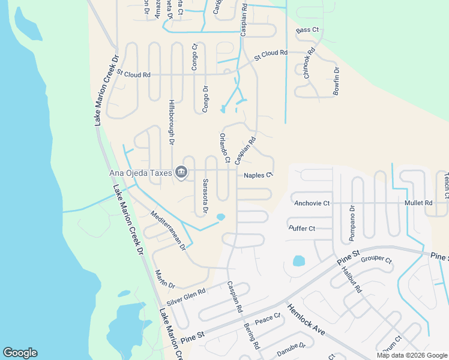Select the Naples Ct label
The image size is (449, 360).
pyautogui.click(x=259, y=175)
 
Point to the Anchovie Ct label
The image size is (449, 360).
pyautogui.click(x=312, y=203)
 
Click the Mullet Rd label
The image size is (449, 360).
pyautogui.click(x=420, y=203)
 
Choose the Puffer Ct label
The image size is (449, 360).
pyautogui.click(x=302, y=229)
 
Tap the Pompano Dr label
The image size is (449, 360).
pyautogui.click(x=352, y=224)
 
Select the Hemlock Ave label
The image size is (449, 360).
pyautogui.click(x=306, y=317)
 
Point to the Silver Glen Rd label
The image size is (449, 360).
pyautogui.click(x=186, y=296)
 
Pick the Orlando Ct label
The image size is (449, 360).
pyautogui.click(x=224, y=148)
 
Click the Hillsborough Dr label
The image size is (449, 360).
pyautogui.click(x=171, y=122)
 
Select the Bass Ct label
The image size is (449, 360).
pyautogui.click(x=307, y=30)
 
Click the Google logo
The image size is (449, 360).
pyautogui.click(x=20, y=353)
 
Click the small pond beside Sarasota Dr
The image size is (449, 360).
pyautogui.click(x=220, y=217)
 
